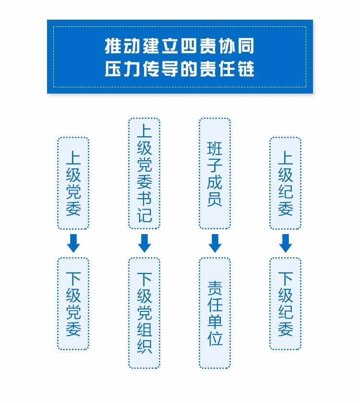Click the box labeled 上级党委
[x=73, y=183]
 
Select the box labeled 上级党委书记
[x=144, y=174]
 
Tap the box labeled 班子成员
[x=215, y=174]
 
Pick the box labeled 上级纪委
[x=285, y=183]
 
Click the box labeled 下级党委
[x=73, y=303]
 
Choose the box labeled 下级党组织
[x=144, y=313]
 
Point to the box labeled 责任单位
[x=215, y=313]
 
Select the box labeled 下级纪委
[x=285, y=303]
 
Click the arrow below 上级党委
[x=73, y=243]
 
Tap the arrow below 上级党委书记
[x=144, y=243]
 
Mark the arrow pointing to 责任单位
[x=215, y=243]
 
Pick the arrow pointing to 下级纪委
[x=285, y=243]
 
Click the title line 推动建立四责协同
[x=180, y=47]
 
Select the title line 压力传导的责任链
[x=180, y=69]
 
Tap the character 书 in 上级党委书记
[x=144, y=196]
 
